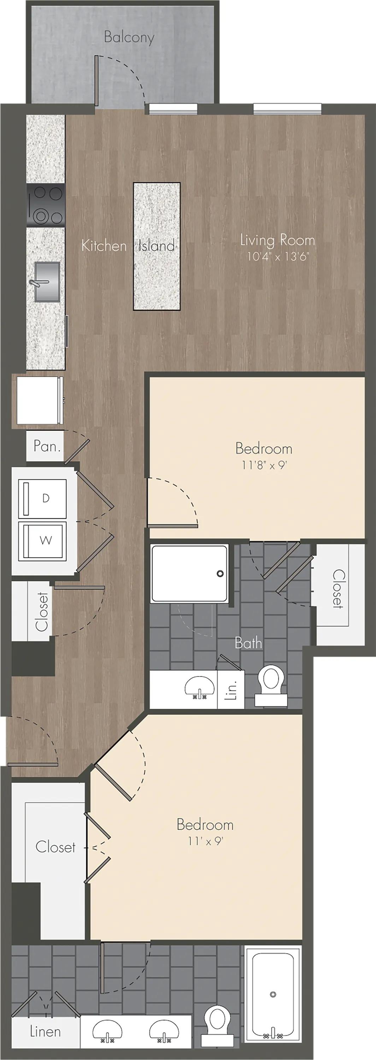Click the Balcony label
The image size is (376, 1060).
point(129,37)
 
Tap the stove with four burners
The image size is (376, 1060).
point(46,205)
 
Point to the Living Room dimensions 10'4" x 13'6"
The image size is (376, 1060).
point(278,257)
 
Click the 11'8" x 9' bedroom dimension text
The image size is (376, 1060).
point(264,465)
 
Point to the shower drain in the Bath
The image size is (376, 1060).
point(220,573)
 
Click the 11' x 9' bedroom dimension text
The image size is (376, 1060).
point(205,841)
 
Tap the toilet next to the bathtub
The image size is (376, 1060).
point(217,1025)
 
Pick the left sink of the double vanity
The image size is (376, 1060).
point(107,1031)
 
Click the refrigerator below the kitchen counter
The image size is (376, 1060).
point(40,400)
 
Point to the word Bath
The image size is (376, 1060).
point(248,643)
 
